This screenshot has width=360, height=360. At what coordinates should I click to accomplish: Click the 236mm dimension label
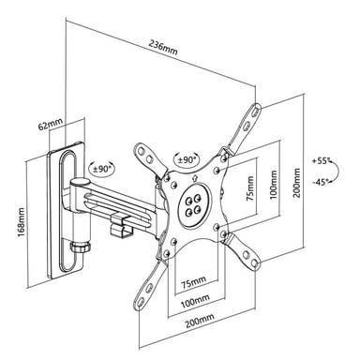tap(163, 48)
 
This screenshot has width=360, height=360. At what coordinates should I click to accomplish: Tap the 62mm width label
tap(50, 124)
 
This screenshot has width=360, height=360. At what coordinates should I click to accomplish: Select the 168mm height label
tap(22, 222)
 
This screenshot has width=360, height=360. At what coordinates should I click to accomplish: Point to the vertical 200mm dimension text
tap(296, 183)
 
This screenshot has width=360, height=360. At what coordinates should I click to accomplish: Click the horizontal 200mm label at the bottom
tap(200, 321)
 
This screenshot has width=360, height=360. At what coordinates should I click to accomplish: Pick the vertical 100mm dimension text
tap(273, 186)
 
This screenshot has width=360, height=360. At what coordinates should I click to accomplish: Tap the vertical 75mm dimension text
tap(250, 188)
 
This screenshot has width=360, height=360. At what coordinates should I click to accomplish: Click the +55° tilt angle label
tap(322, 161)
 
